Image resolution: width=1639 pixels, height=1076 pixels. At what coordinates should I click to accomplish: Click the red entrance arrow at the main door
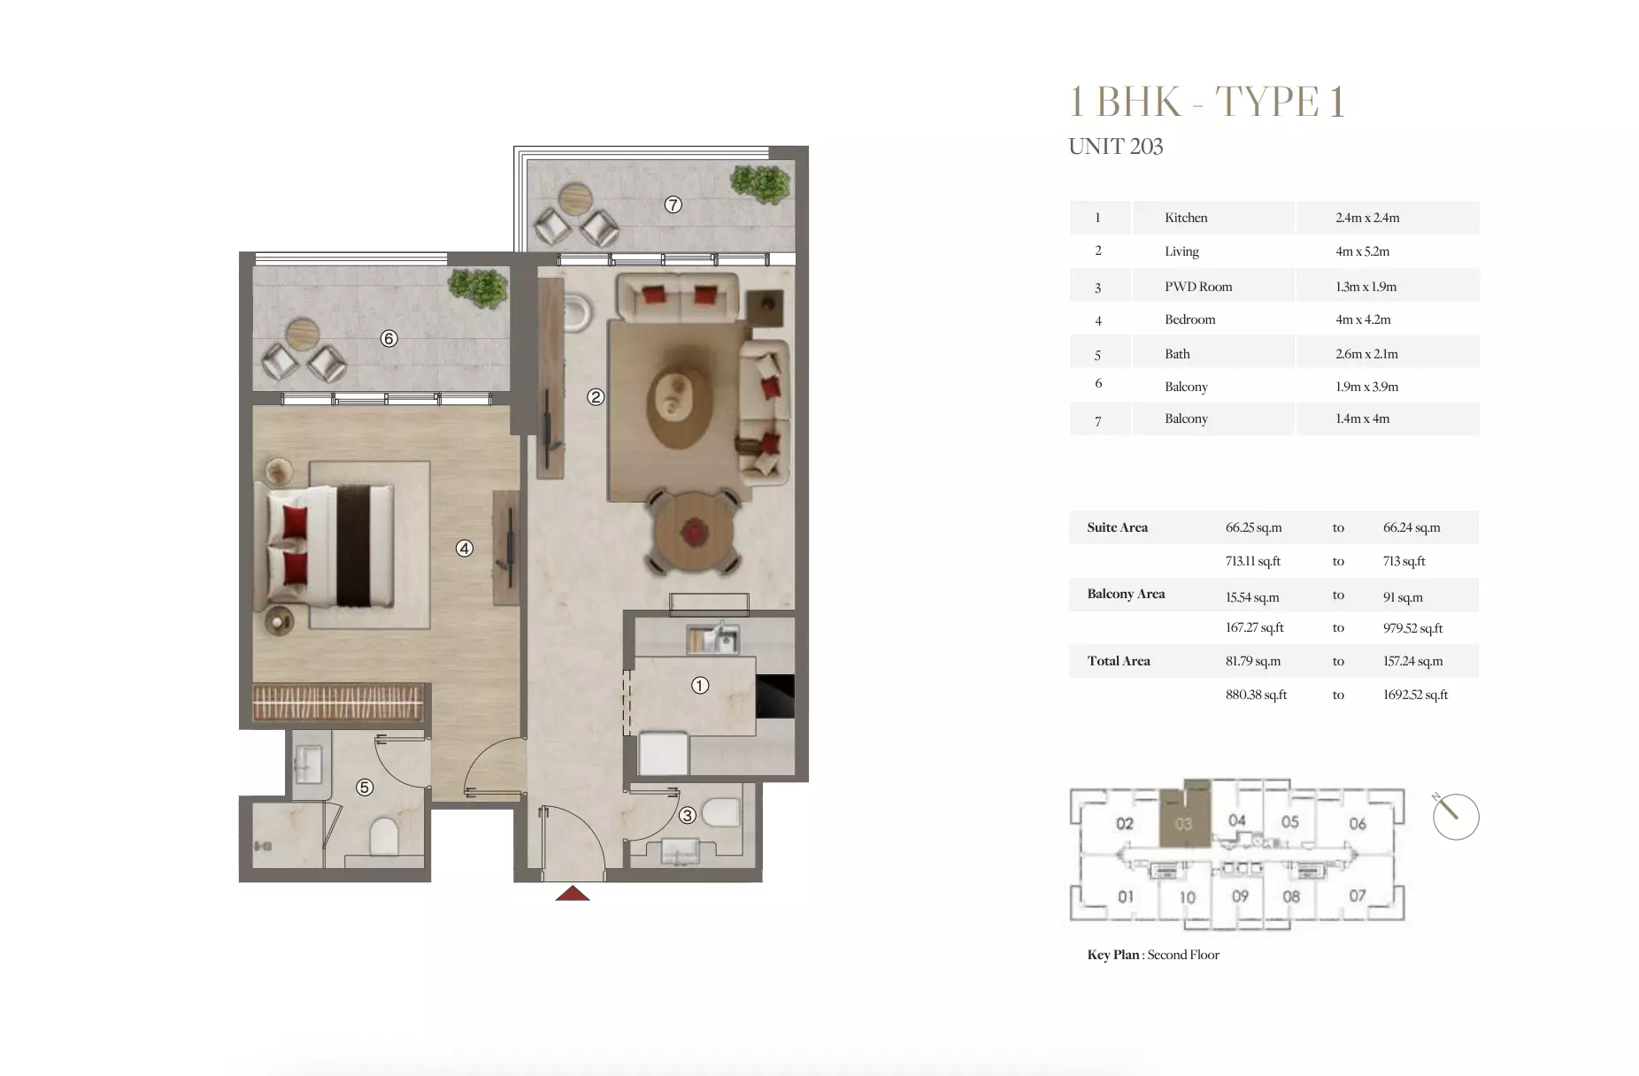(573, 894)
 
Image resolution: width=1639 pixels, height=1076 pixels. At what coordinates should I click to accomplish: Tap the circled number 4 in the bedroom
(465, 549)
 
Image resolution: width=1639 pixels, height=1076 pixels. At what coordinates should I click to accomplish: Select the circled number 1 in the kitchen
(700, 686)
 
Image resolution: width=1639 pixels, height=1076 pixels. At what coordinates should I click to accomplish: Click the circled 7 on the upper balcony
(673, 205)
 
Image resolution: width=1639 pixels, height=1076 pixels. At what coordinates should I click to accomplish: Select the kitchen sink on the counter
(712, 639)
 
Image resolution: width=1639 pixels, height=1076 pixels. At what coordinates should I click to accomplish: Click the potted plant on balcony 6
(478, 288)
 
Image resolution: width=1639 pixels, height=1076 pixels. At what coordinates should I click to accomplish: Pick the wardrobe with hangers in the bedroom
(337, 703)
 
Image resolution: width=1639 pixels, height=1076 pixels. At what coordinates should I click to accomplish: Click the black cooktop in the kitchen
(775, 696)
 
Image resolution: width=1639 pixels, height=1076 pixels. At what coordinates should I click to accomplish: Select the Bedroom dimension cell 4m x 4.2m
(1363, 319)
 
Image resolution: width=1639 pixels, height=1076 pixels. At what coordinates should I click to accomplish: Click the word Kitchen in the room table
(1186, 218)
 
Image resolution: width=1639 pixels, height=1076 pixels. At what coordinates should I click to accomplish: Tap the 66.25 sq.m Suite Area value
(1253, 527)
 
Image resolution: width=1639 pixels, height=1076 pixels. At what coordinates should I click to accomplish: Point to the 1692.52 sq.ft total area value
(1415, 695)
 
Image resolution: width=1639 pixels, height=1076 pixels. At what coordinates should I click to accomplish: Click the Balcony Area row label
(1126, 594)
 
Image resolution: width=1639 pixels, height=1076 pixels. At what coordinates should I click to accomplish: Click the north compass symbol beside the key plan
(1455, 816)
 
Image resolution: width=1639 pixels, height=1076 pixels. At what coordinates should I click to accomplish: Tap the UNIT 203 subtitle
(1115, 147)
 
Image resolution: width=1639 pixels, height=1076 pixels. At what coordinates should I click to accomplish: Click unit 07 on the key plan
(1358, 895)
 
